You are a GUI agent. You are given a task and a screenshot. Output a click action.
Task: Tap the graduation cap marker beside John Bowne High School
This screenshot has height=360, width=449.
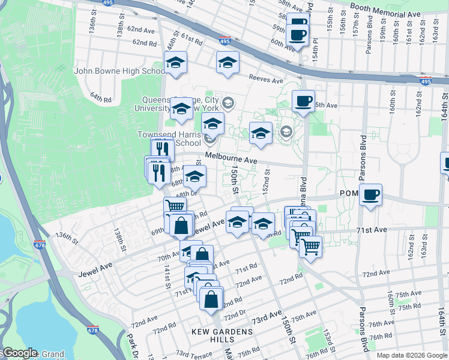coord(176,62)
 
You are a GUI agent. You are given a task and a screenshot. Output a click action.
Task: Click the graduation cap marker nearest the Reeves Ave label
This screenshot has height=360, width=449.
coord(228,62)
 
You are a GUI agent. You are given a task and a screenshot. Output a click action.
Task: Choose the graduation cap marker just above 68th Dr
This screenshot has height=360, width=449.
coord(194,176)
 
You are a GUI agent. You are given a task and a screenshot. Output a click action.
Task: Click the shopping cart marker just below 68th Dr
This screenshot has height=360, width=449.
coord(175,206)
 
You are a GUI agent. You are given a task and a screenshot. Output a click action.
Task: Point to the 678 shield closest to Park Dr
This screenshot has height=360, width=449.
coord(93,330)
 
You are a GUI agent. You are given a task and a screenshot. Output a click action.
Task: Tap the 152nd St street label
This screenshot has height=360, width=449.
coord(266,179)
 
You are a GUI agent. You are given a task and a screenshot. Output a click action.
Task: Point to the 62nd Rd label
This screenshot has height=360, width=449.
coord(145,43)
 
